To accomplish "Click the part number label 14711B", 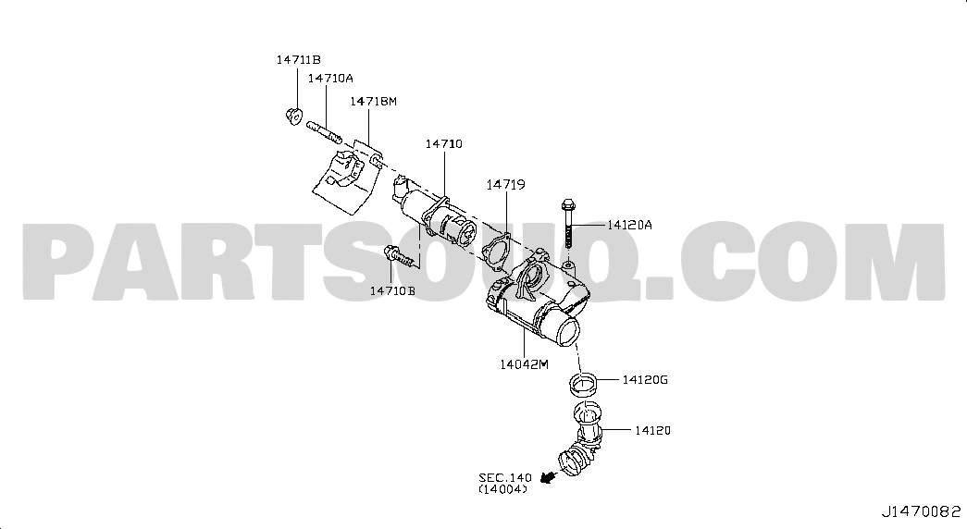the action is coord(299,60).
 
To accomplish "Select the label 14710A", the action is coord(330,79).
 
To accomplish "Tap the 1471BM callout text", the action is coord(373,101).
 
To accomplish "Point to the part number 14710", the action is coord(443,143).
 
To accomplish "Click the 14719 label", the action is coord(505,184).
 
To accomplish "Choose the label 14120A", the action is coord(629,225).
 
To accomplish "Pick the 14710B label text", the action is coord(392,290).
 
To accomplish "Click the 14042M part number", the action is coord(524,364).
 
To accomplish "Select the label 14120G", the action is coord(644,380).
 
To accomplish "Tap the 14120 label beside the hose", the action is coord(652,430).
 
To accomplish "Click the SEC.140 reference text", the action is coord(505,478).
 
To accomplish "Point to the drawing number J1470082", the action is coord(921,511).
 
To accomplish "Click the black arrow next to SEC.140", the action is coord(546,476).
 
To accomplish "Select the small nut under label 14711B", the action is coord(294,115).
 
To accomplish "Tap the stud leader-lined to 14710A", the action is coord(324,132).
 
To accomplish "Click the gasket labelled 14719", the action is coord(496,252).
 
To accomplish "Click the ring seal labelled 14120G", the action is coord(583,385).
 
